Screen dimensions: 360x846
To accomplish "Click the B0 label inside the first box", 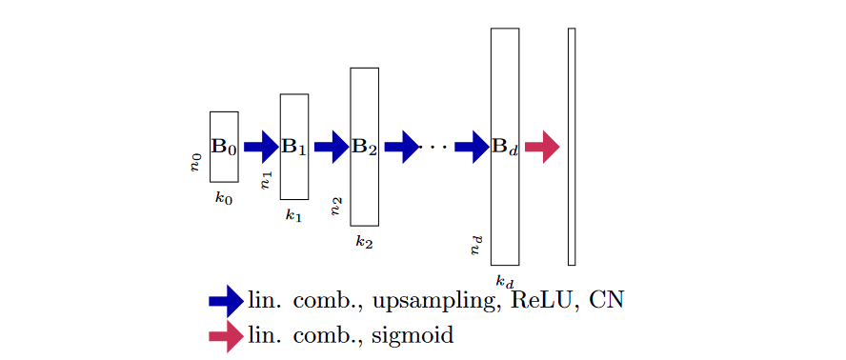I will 223,148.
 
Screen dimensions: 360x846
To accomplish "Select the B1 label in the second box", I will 293,148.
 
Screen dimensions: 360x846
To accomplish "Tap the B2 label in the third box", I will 364,148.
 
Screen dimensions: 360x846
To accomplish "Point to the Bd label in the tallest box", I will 504,148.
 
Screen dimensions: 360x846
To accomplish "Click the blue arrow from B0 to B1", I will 259,147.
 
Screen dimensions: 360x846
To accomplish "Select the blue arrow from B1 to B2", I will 330,147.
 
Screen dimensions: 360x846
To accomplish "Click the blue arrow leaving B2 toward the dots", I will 400,147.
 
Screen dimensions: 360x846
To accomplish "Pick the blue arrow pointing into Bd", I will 471,147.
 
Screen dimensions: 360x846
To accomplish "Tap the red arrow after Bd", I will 541,147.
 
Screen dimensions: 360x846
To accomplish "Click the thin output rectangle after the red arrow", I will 572,147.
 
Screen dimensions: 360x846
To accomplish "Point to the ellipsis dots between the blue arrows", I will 435,147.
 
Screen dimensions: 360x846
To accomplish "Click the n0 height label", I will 195,162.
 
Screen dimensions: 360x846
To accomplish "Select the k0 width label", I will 223,198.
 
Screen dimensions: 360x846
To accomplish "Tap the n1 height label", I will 266,180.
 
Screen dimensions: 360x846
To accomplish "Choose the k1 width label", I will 293,215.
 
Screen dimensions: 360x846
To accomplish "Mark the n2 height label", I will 336,206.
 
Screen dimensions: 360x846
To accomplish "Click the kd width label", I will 505,281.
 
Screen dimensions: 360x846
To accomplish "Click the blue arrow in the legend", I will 226,301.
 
